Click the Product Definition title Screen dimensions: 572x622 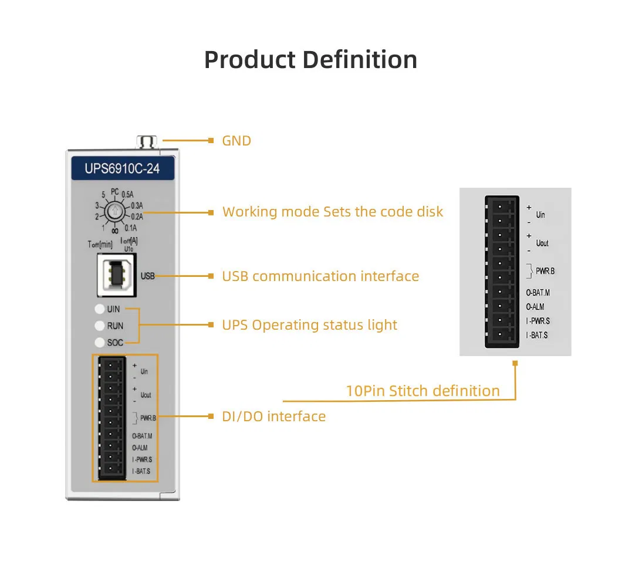[x=310, y=60]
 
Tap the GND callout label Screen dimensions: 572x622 [x=236, y=141]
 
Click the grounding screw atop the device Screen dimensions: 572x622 [x=147, y=141]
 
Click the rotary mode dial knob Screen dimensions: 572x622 [x=116, y=211]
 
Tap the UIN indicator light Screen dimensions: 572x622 [x=99, y=309]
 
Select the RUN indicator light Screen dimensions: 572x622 [x=99, y=326]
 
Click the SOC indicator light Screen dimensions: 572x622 [x=99, y=342]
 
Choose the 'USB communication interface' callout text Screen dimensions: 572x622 [x=320, y=276]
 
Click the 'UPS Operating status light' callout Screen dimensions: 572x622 [x=309, y=325]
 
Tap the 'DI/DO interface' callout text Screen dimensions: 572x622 [x=273, y=417]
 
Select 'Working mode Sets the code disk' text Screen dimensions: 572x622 [x=333, y=212]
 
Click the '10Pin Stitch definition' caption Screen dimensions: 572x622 [x=422, y=391]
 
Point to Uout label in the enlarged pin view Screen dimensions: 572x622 [x=542, y=243]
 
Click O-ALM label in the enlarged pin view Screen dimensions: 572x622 [x=535, y=306]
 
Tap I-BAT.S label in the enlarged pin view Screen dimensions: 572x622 [x=537, y=335]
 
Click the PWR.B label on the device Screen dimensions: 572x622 [x=148, y=418]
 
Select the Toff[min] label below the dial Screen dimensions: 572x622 [x=100, y=244]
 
